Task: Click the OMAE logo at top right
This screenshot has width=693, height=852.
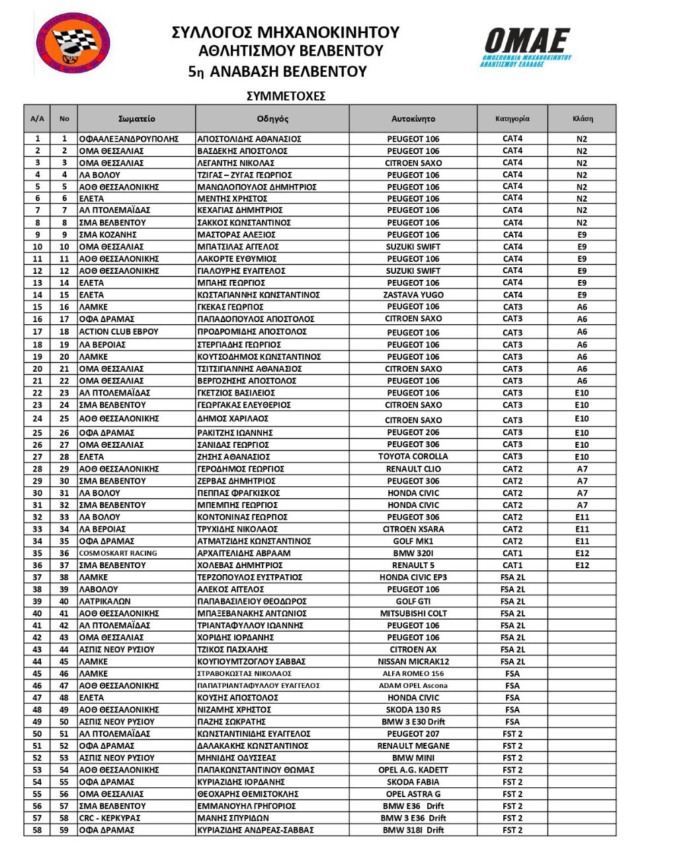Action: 526,47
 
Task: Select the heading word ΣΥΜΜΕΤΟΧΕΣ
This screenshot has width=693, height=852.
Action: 286,96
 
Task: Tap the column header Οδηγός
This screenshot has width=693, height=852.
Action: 272,119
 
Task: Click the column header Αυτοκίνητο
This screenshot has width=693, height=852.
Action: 413,119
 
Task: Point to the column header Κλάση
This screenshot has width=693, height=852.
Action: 582,119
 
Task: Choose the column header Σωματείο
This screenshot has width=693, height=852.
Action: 136,119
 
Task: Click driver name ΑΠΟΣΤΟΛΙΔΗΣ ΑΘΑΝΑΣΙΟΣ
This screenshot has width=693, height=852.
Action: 249,139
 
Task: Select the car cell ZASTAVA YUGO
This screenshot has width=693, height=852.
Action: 413,295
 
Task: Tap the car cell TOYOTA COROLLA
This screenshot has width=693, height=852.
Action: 413,456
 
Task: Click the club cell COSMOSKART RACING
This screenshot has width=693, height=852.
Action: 118,553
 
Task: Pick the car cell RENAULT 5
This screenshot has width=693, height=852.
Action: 413,565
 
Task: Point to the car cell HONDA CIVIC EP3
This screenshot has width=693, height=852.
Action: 413,577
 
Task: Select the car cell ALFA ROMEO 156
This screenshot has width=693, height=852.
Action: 413,673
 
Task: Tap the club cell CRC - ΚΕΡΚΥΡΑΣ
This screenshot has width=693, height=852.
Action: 110,818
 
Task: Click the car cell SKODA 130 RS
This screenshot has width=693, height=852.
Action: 413,709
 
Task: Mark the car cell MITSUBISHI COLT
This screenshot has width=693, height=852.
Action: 413,613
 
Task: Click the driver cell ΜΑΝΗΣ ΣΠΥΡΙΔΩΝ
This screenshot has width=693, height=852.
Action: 233,818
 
